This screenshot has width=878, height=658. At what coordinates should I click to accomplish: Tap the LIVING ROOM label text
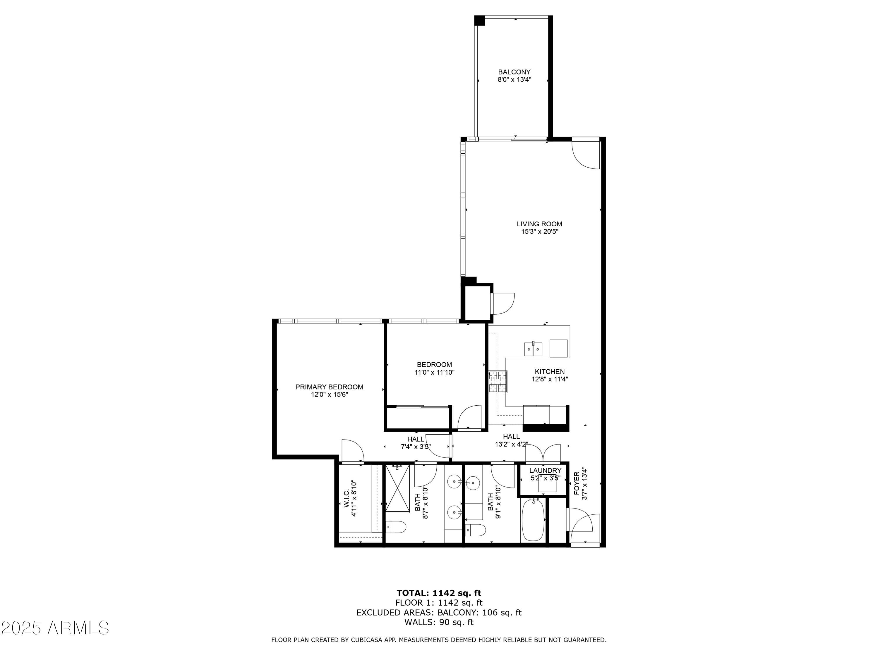[x=539, y=224]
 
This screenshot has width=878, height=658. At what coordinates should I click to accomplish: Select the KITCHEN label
[x=550, y=372]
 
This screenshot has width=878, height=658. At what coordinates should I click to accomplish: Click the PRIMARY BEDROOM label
[x=330, y=387]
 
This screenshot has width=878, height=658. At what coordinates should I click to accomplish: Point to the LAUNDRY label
[x=545, y=470]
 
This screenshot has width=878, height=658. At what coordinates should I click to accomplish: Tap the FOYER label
[x=577, y=483]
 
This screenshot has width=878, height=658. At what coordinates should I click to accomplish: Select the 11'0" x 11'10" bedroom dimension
[x=435, y=373]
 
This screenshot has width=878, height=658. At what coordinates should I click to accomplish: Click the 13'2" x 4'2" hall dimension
[x=512, y=445]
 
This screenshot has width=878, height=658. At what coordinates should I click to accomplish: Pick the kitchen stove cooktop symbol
[x=498, y=382]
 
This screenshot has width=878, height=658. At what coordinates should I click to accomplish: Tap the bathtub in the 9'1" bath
[x=533, y=520]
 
